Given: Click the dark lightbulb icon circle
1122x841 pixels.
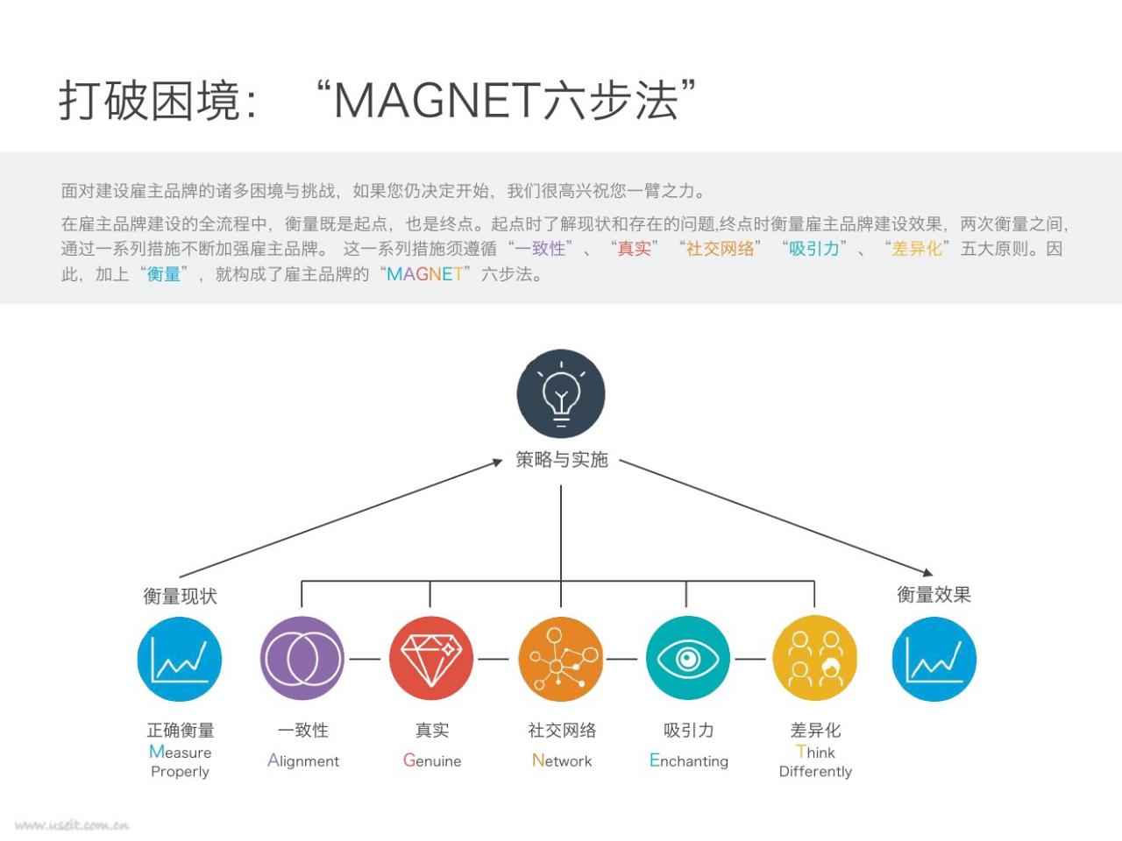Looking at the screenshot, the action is tap(561, 393).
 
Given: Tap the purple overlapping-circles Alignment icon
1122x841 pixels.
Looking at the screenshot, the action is tap(302, 658).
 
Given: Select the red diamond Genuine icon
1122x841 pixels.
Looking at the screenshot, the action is tap(431, 658).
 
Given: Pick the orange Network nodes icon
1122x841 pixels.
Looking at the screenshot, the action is tap(561, 659).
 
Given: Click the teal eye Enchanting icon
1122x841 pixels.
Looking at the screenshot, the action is tap(688, 658).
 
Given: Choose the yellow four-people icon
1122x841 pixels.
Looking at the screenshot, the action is tap(815, 658).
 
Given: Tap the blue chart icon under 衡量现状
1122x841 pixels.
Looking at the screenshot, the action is tap(180, 659).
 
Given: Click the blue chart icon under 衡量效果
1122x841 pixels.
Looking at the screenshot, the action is tap(934, 659).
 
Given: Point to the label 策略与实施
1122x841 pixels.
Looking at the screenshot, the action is tap(561, 460).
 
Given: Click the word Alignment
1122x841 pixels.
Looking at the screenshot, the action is tap(303, 760).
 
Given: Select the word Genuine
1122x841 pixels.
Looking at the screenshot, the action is tap(432, 760).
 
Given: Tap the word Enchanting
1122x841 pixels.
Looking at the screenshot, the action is tap(688, 760).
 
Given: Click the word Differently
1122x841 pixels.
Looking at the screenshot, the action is tap(815, 771).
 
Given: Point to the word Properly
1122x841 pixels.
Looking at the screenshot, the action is tap(180, 772).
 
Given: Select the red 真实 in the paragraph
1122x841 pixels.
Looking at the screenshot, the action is tap(634, 249).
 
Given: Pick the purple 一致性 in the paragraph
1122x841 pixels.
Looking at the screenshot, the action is tap(540, 249).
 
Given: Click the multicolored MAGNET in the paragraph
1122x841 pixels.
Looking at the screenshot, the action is tap(425, 274).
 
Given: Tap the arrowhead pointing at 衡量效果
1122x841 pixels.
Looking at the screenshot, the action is tap(927, 573).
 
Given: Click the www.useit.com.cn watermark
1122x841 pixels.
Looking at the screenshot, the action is tap(72, 825).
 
